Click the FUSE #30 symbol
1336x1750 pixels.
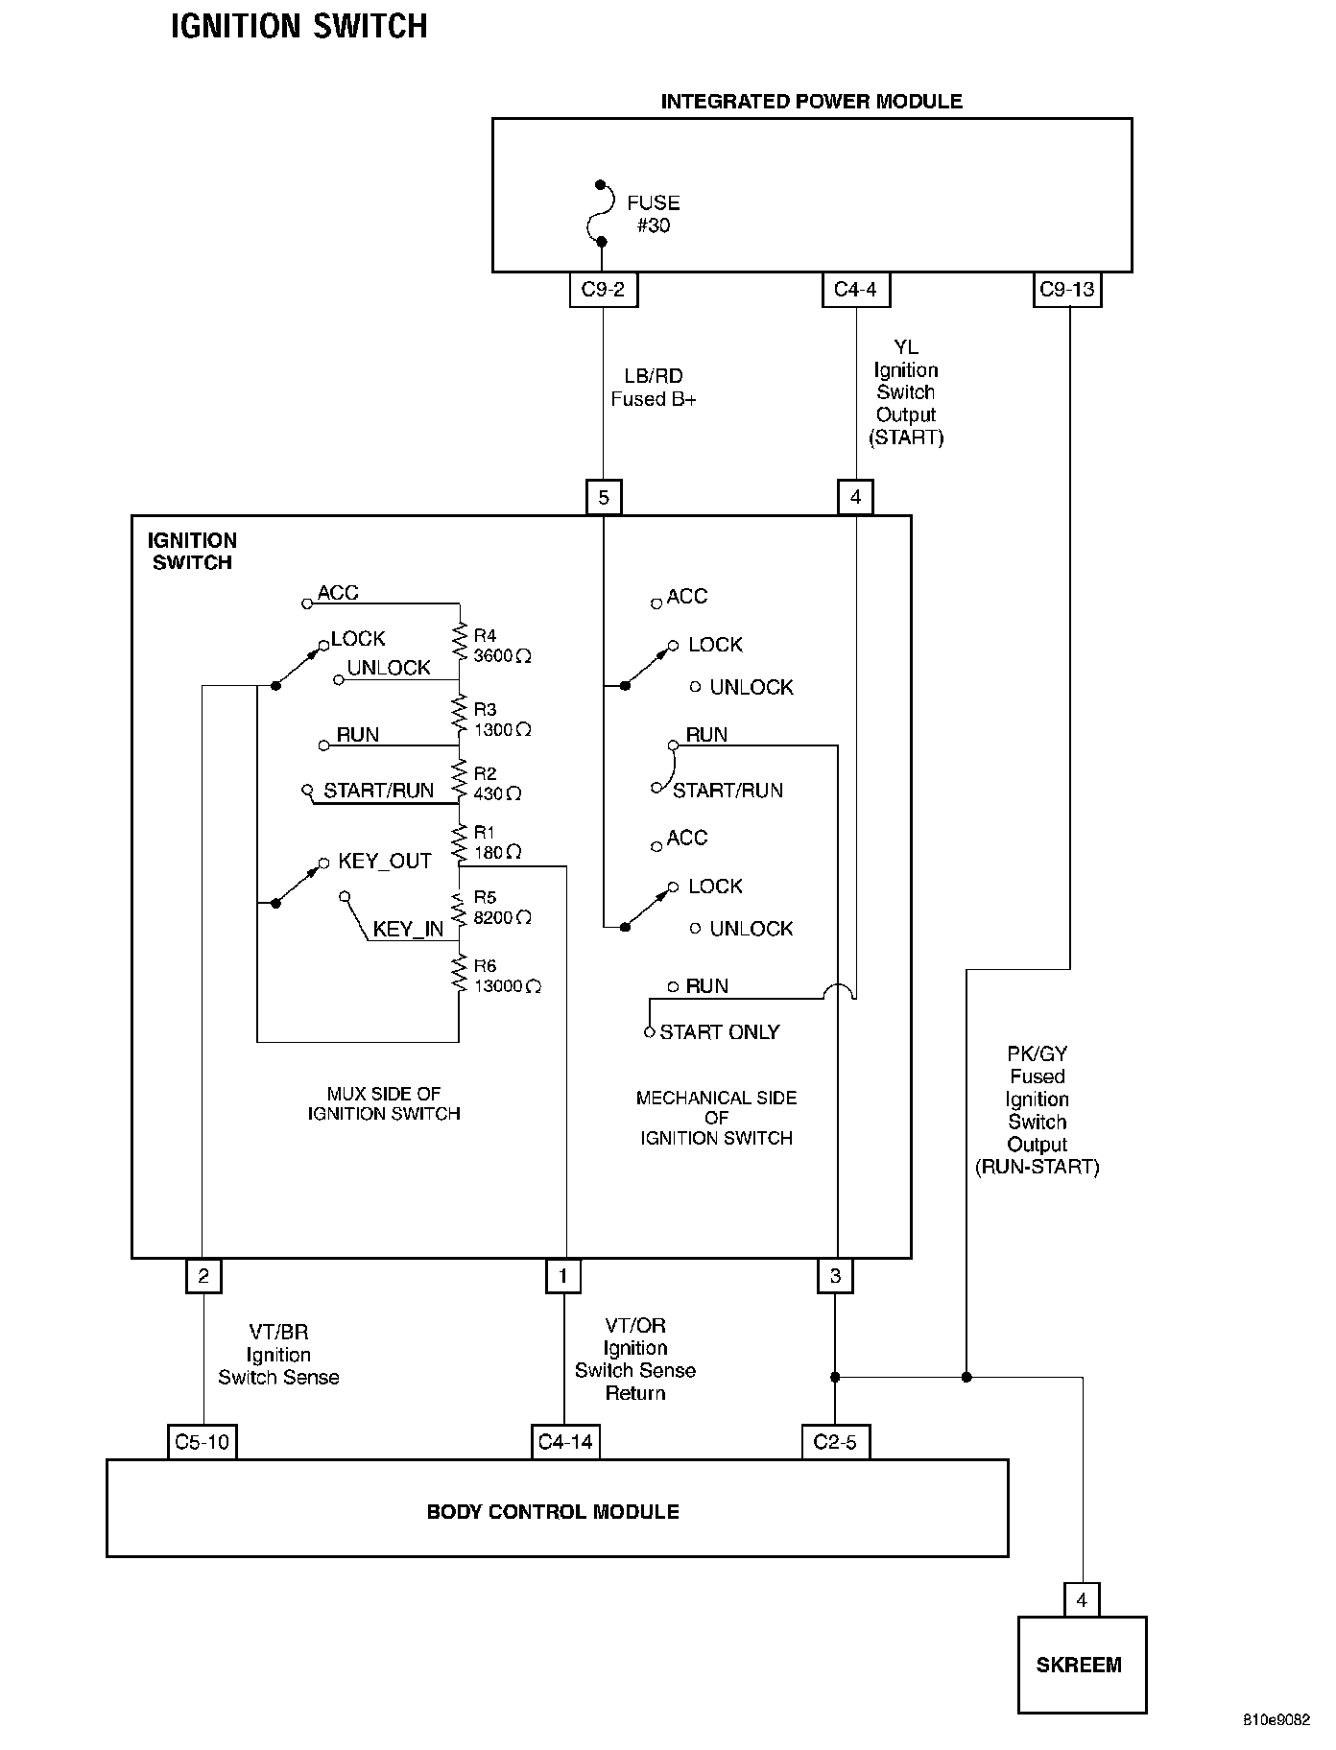pyautogui.click(x=601, y=212)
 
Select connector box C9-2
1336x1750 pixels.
pyautogui.click(x=603, y=290)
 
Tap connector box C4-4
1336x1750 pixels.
pyautogui.click(x=855, y=290)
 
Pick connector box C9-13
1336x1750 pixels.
pyautogui.click(x=1067, y=290)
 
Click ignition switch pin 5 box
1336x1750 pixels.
pyautogui.click(x=604, y=497)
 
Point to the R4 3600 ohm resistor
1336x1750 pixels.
pyautogui.click(x=460, y=645)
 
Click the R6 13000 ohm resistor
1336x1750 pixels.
pyautogui.click(x=460, y=976)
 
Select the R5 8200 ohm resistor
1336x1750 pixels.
pyautogui.click(x=460, y=908)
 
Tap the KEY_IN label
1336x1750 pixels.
pyautogui.click(x=408, y=929)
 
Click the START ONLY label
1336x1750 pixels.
pyautogui.click(x=720, y=1032)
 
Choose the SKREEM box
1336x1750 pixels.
pyautogui.click(x=1082, y=1665)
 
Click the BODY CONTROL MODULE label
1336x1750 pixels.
pyautogui.click(x=553, y=1512)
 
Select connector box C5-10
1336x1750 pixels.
pyautogui.click(x=203, y=1442)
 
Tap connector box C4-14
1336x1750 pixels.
pyautogui.click(x=565, y=1442)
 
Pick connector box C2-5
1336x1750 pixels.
pyautogui.click(x=835, y=1442)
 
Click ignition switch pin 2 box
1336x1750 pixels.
pyautogui.click(x=203, y=1276)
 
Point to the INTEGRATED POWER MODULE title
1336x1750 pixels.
pyautogui.click(x=811, y=102)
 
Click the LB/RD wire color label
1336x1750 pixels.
pyautogui.click(x=654, y=376)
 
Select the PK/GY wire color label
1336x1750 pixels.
pyautogui.click(x=1038, y=1053)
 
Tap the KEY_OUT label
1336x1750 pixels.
pyautogui.click(x=385, y=862)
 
